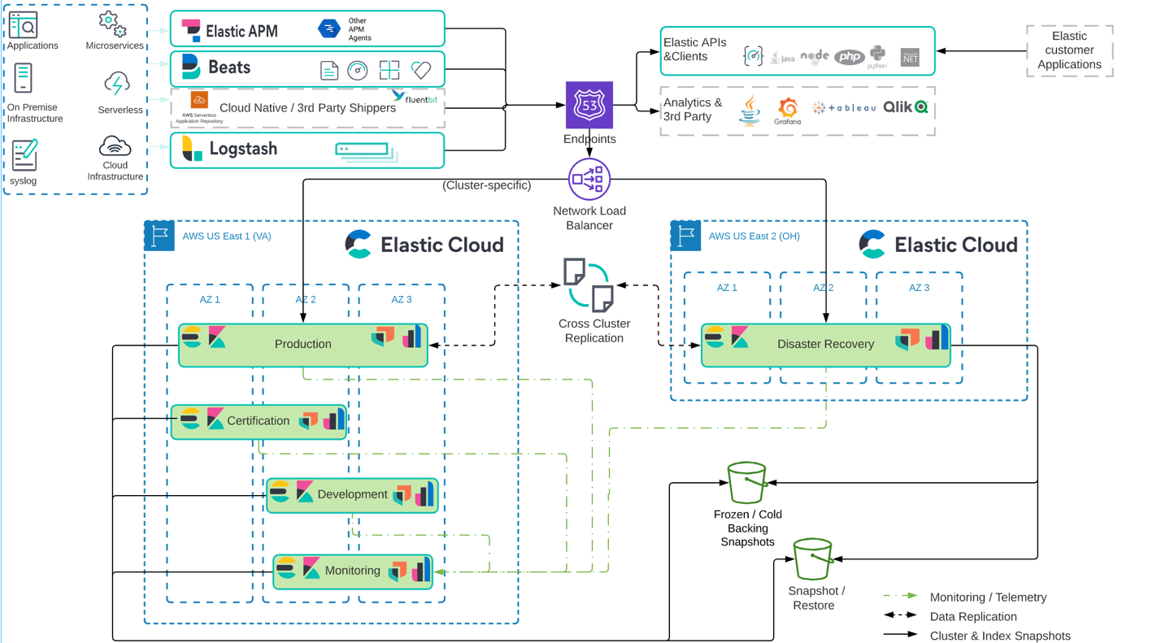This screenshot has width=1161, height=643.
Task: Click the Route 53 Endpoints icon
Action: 589,105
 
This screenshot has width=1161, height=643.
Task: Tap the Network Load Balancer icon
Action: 589,179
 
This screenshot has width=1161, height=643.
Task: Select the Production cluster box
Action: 302,345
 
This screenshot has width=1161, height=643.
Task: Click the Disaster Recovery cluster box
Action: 825,345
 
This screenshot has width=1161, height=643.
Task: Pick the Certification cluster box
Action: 259,421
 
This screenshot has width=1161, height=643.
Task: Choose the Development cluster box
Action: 352,494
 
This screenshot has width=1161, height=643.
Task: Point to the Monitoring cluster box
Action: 352,571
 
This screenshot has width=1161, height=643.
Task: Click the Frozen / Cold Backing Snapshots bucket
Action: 746,483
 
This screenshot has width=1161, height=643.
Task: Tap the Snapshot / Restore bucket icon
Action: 812,559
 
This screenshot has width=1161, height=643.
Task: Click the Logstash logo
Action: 193,149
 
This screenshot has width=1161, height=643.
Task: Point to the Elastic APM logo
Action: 191,31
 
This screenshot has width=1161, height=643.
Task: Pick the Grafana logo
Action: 787,110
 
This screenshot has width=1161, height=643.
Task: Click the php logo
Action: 849,57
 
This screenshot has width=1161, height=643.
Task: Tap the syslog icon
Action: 24,154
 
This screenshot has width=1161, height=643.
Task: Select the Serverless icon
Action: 117,85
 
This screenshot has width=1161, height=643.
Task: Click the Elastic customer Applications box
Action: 1069,50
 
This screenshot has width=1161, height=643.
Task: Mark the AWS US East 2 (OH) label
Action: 754,237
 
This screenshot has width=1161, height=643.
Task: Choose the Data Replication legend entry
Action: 973,617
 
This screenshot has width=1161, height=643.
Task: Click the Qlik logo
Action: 905,106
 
